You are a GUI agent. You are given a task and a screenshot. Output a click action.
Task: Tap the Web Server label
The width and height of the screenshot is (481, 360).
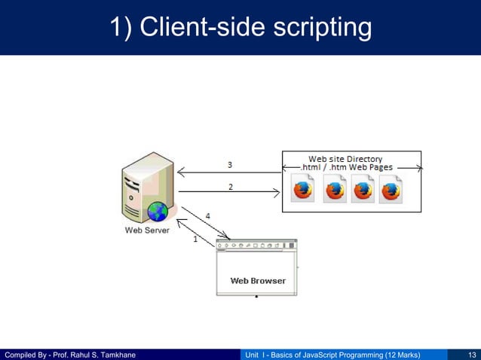point(147,230)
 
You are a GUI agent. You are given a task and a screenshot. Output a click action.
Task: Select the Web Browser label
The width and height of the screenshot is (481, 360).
point(258,281)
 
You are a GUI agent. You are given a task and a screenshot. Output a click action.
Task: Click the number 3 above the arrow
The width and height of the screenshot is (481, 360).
point(230,164)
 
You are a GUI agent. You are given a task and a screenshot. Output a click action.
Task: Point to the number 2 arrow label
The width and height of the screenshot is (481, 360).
point(230,186)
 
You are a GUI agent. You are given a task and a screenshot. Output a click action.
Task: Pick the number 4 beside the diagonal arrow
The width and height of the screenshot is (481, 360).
point(208,216)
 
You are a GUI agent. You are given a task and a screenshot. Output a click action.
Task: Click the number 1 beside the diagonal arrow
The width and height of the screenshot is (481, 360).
point(195,240)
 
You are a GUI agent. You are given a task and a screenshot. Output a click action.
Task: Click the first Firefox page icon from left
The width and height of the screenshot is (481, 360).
point(302,189)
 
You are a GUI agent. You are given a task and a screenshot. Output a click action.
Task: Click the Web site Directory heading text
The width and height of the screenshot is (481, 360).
point(345,159)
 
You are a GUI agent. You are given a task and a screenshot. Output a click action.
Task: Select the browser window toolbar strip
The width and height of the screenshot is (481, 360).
point(256,246)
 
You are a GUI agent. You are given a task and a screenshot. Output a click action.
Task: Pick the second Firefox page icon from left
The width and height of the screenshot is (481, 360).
point(335,189)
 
